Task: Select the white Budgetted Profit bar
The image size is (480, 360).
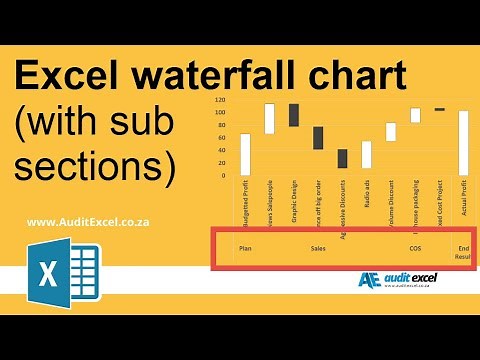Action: [246, 153]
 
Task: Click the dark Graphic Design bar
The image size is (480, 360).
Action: [294, 115]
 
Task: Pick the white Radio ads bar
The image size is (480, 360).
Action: [366, 154]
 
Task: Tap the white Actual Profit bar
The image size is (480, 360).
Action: [463, 142]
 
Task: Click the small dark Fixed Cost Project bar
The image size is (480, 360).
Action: [439, 109]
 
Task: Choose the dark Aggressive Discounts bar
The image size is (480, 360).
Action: [342, 158]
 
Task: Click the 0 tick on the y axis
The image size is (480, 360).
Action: [223, 175]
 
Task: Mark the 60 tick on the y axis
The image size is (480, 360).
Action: [221, 138]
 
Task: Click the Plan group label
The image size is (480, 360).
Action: [245, 247]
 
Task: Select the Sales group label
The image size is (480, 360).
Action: [318, 247]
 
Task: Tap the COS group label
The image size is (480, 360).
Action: [415, 247]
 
